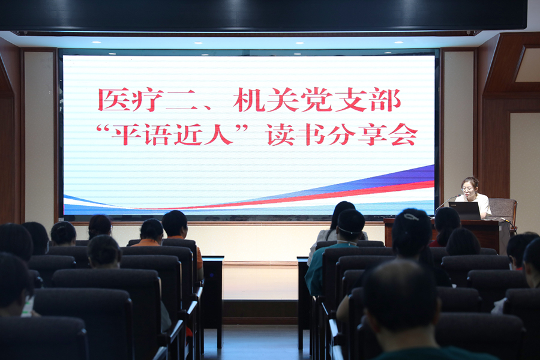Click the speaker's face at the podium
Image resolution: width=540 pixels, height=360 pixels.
469,188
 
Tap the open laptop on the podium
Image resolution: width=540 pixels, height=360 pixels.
465,210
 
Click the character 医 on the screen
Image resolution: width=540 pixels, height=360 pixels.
114,100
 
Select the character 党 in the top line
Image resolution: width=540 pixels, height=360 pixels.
317,100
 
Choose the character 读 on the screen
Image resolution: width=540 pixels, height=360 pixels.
280,134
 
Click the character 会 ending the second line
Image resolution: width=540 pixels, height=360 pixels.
403,134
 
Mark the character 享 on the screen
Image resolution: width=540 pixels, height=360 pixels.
372,134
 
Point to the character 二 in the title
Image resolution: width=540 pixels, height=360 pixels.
180,100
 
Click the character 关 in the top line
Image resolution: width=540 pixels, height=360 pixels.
283,100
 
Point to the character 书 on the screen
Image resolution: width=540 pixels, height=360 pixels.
311,134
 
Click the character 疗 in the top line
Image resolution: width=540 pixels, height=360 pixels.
148,100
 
